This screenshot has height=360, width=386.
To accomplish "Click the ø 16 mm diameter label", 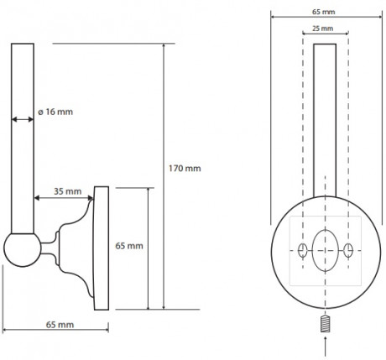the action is click(x=55, y=112).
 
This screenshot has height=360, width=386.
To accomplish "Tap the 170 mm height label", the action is click(x=185, y=169).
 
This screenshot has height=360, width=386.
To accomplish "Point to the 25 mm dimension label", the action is click(x=323, y=29).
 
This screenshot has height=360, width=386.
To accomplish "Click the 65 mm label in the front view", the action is click(x=324, y=12).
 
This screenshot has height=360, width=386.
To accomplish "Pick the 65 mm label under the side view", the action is click(x=60, y=325).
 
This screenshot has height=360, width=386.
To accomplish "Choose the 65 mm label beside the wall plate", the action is click(x=129, y=246).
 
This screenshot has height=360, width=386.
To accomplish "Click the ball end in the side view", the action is click(x=23, y=250).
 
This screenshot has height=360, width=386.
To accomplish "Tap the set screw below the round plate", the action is click(x=325, y=324).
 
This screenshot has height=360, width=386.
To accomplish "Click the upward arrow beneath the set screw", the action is click(x=325, y=347).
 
